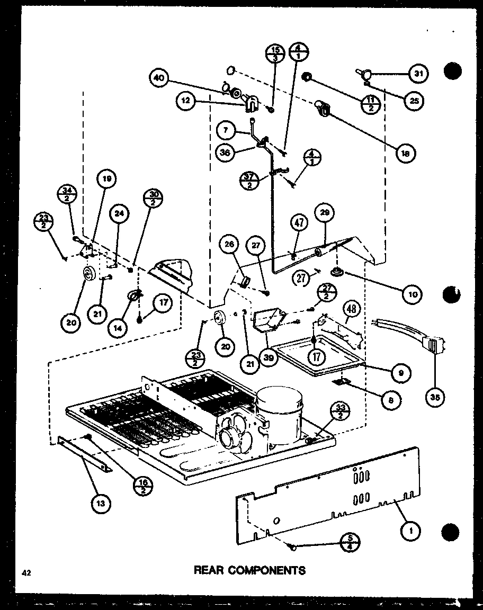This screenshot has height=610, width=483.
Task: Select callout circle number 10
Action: click(x=412, y=293)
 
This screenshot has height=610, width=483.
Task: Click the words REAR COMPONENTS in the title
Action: click(x=249, y=570)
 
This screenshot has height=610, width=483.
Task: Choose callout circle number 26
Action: click(x=229, y=245)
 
